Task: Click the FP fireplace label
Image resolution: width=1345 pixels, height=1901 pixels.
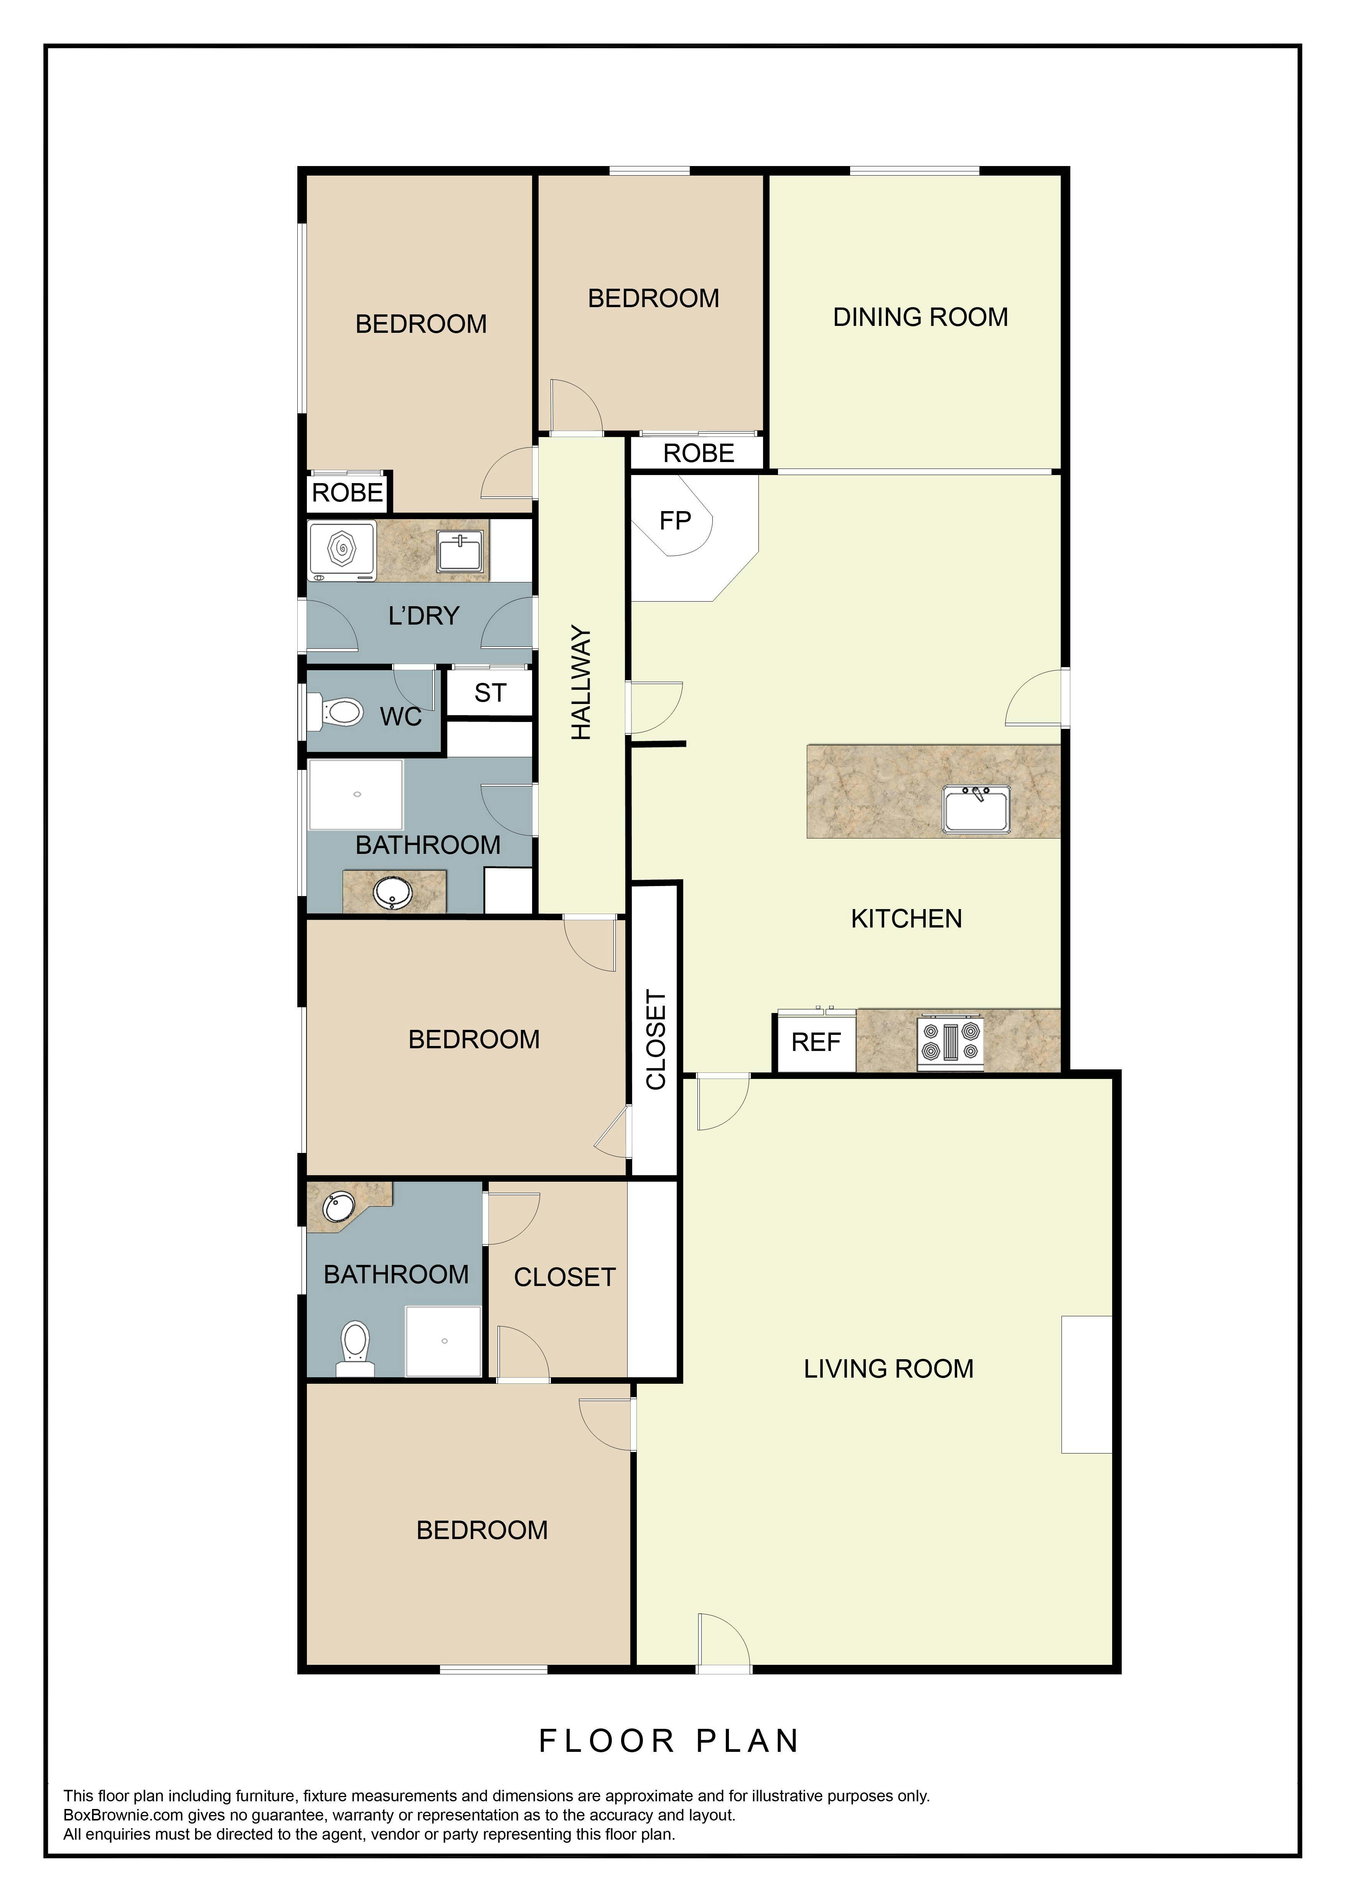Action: (x=675, y=521)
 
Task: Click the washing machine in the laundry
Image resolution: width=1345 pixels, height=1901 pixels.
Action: (x=341, y=550)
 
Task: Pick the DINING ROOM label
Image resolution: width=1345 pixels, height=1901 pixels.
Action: (x=920, y=317)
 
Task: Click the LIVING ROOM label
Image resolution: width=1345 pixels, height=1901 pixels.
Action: (x=888, y=1369)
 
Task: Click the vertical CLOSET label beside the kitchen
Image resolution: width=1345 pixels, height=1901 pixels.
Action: (x=656, y=1040)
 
